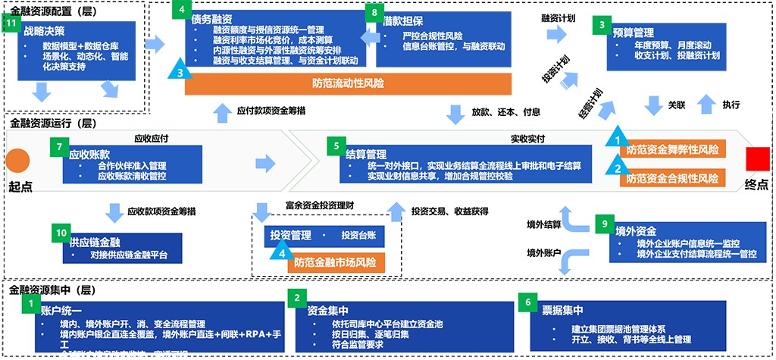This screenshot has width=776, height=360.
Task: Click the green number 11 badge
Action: point(11,23)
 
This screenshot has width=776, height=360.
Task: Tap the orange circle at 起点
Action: point(18,160)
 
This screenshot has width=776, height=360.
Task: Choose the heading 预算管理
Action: point(633,33)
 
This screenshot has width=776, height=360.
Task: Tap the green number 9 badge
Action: point(603,224)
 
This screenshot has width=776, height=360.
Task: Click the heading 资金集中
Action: point(327,310)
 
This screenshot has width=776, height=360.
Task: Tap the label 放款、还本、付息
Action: point(506,111)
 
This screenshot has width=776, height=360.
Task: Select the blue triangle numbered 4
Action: point(282,249)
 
